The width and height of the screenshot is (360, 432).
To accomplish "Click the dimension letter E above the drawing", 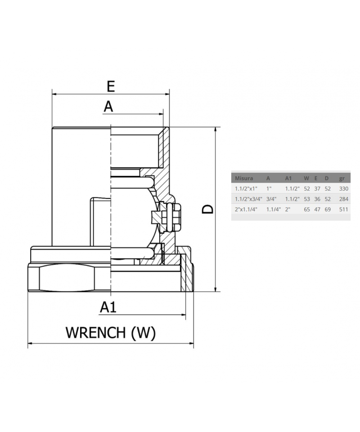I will click(111, 86).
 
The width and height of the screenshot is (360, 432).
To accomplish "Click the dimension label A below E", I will click(108, 107).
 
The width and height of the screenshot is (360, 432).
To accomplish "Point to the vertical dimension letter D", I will click(207, 209).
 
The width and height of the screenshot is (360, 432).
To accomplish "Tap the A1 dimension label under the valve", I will click(108, 307).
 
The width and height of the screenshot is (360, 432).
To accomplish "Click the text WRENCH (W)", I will click(111, 333).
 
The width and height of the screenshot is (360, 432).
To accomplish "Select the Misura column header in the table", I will click(244, 178).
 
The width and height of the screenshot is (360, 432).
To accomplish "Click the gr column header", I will click(342, 178).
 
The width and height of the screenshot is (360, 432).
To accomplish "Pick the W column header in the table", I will click(306, 178).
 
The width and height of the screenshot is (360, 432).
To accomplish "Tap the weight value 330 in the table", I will click(343, 189).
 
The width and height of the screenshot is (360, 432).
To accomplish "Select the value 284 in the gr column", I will click(343, 199).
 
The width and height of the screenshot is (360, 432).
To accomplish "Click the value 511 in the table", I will click(343, 209).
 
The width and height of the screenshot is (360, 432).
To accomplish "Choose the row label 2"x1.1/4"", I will click(246, 209).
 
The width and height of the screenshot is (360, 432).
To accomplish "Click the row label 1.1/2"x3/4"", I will click(248, 199).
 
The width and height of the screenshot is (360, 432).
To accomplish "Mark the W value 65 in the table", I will click(307, 209).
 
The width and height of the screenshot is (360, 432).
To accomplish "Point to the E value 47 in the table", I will click(317, 209).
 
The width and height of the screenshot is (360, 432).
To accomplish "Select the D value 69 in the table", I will click(328, 209).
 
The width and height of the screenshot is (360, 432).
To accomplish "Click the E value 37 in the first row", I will click(317, 189).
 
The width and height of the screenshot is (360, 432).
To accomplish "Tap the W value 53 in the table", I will click(307, 199).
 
